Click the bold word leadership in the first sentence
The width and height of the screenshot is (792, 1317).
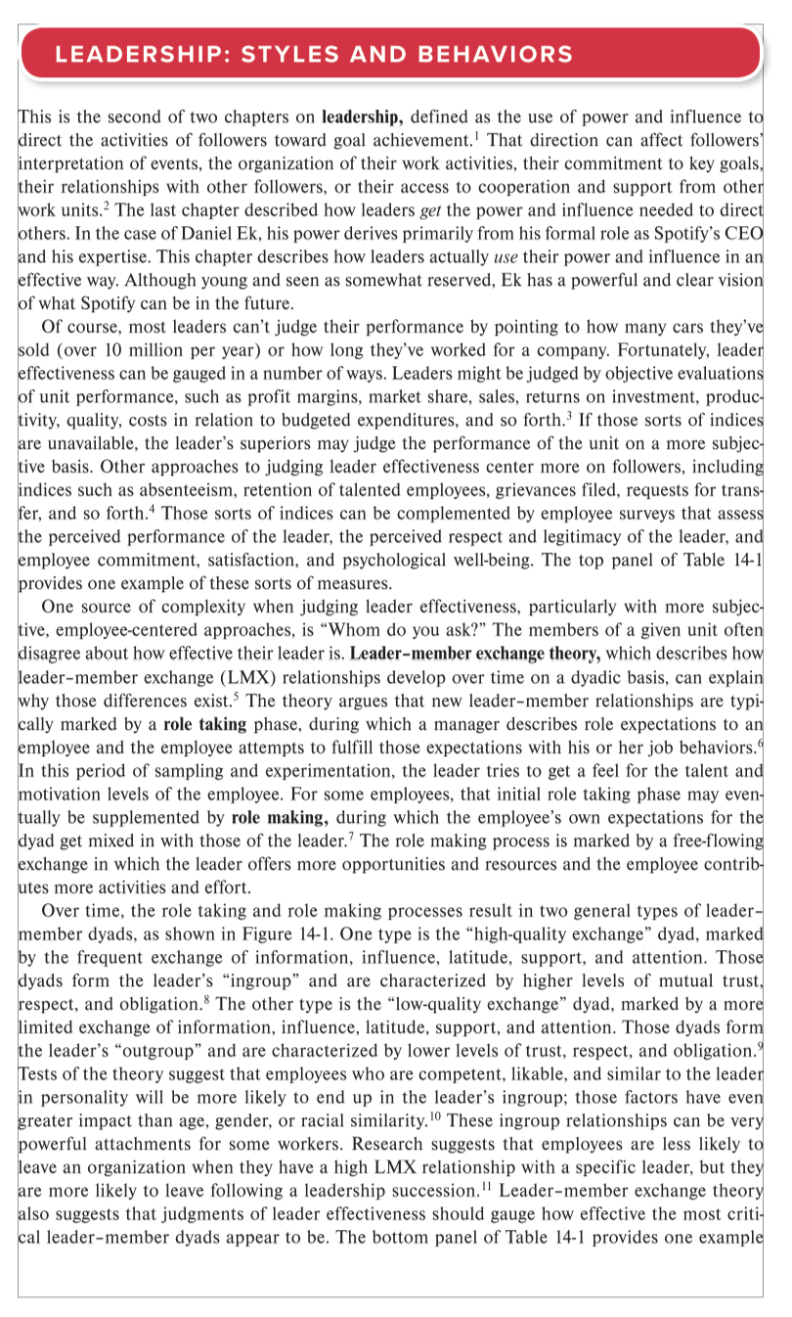(363, 118)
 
